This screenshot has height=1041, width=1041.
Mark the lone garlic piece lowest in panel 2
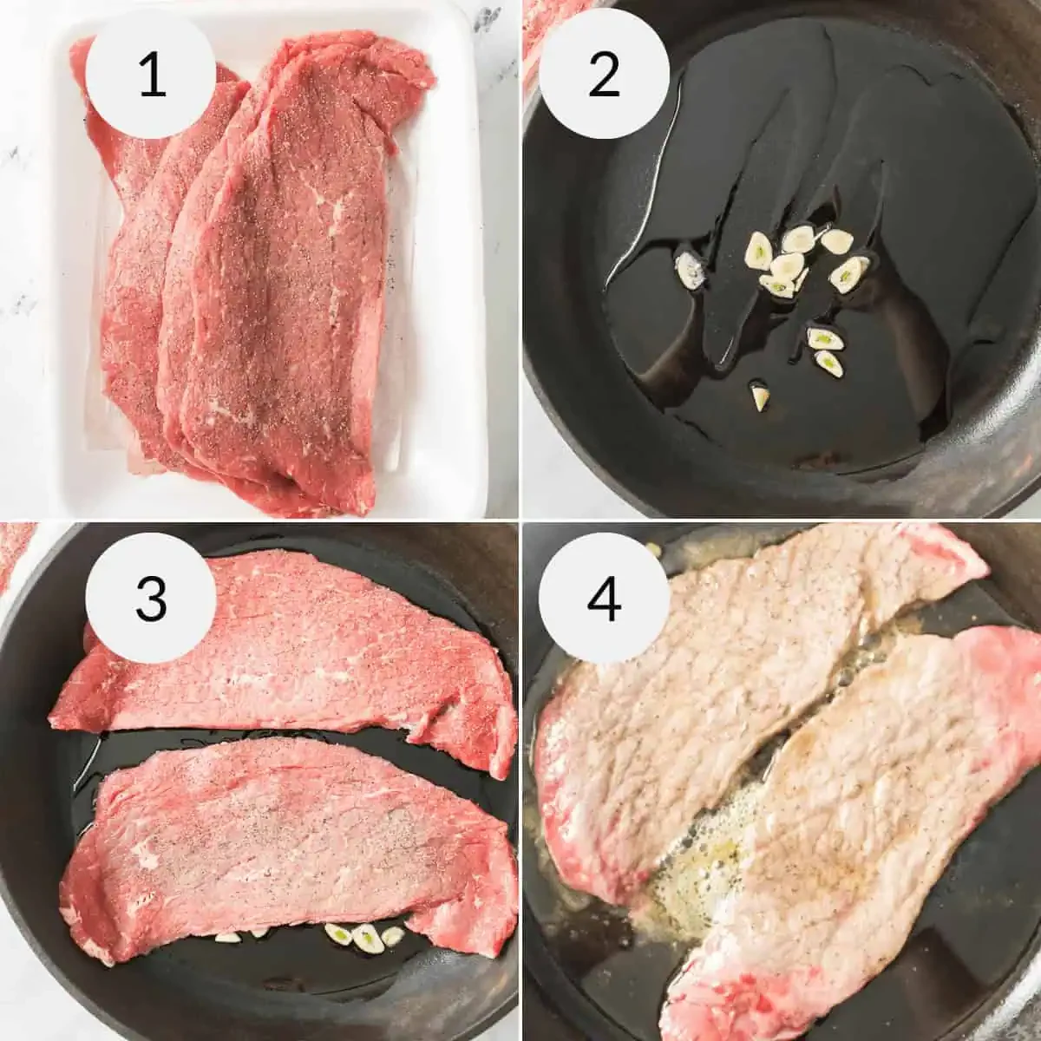(761, 398)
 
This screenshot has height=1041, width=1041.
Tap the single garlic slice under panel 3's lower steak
(227, 937)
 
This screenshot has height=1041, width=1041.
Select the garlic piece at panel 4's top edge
(651, 548)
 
